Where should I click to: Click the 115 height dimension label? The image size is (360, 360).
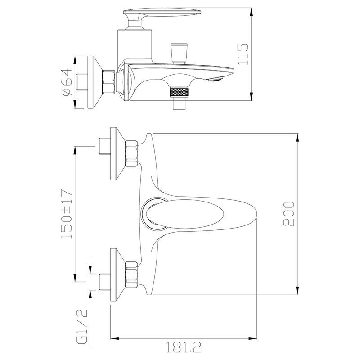coord(243,54)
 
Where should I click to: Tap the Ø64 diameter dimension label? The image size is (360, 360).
coord(67,82)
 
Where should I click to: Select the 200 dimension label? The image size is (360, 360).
coord(288,214)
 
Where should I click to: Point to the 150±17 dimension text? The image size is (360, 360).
coord(67,214)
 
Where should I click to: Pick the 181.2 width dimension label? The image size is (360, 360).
coord(183,347)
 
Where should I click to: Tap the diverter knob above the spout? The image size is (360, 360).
coord(179,53)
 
